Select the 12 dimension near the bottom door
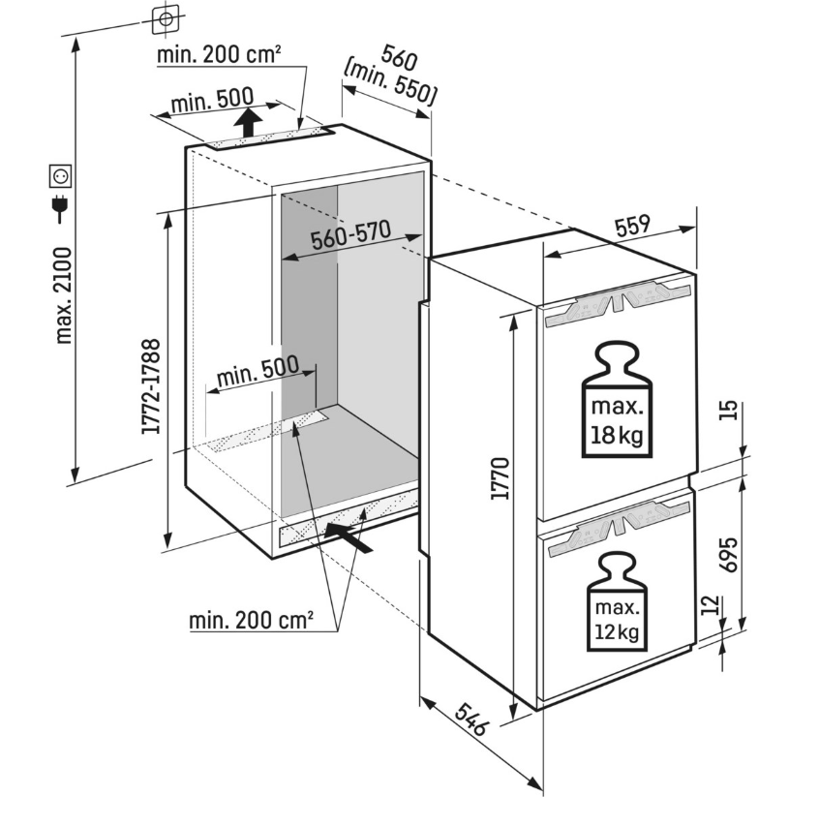pyautogui.click(x=712, y=607)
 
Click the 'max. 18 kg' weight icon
pyautogui.click(x=616, y=401)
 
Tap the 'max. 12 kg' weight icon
pyautogui.click(x=616, y=597)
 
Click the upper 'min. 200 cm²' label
pyautogui.click(x=220, y=55)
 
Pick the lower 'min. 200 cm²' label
pyautogui.click(x=251, y=619)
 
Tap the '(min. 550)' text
pyautogui.click(x=391, y=81)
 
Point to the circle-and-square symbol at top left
pyautogui.click(x=166, y=18)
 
